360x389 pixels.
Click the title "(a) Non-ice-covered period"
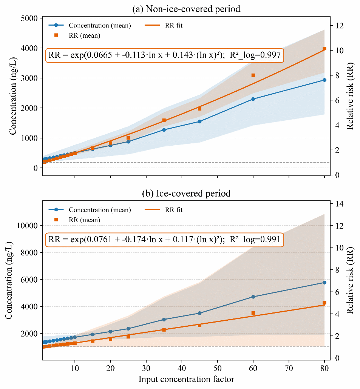(186, 9)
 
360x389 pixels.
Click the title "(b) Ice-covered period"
(186, 194)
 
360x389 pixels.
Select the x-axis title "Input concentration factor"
(186, 379)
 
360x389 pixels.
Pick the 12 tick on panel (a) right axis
(340, 25)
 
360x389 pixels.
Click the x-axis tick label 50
(218, 369)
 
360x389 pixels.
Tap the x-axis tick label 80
(324, 369)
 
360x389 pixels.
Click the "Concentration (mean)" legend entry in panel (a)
(99, 26)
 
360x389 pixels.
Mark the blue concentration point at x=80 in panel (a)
(324, 80)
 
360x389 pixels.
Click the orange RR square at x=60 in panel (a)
(253, 75)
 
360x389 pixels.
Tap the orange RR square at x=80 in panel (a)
(324, 49)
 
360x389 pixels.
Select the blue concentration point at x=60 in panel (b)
(253, 297)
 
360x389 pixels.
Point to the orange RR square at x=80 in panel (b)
(324, 303)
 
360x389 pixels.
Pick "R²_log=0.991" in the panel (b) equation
(256, 239)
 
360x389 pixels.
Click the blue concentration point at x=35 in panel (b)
(164, 320)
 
